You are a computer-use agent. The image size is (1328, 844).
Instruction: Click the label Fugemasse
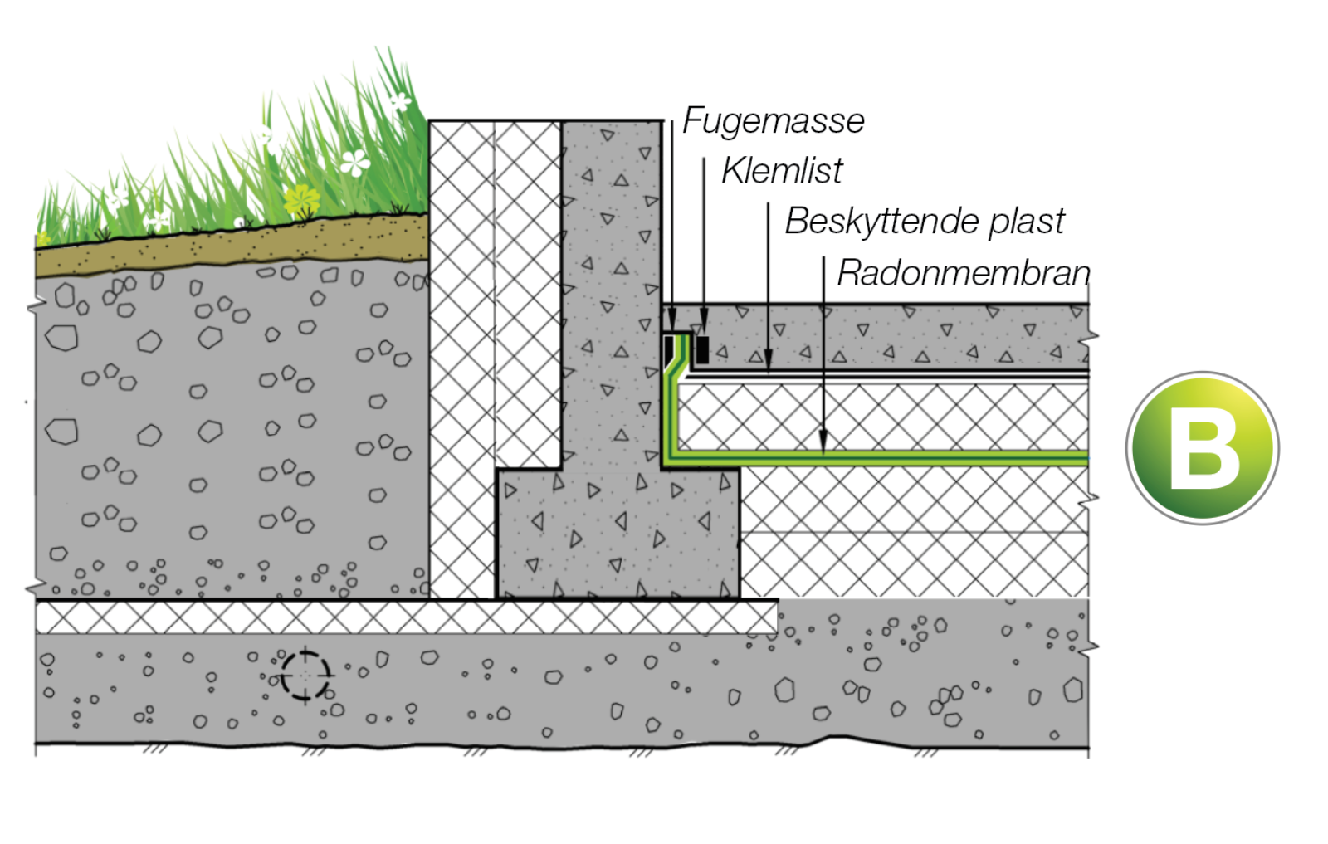(773, 121)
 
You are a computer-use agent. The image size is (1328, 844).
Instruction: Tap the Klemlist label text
(781, 171)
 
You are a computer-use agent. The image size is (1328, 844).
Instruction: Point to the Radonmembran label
(962, 273)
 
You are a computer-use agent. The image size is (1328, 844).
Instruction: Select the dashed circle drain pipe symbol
(305, 675)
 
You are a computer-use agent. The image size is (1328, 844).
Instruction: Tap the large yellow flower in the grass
(301, 200)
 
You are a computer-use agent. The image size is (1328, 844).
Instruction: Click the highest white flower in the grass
(400, 102)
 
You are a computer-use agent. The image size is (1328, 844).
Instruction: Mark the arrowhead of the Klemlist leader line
(704, 323)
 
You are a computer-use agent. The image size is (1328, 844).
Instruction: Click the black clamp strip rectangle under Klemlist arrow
(702, 349)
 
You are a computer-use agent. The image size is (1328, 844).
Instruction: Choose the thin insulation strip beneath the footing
(407, 617)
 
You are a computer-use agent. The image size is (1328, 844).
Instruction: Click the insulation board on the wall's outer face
(461, 357)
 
